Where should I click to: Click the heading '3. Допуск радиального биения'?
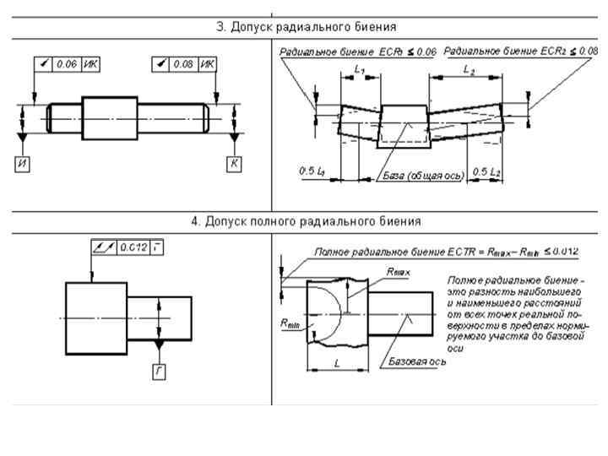307,27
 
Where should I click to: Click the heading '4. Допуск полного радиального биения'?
305,222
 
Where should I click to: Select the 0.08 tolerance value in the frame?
182,63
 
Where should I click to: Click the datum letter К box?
234,163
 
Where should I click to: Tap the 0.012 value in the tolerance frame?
133,247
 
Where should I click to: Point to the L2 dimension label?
469,72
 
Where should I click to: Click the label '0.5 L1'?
312,172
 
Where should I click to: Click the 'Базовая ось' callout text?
418,361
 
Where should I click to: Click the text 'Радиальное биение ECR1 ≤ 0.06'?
358,52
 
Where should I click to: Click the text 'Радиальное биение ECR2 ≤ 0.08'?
521,52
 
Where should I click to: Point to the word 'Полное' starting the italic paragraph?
464,279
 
